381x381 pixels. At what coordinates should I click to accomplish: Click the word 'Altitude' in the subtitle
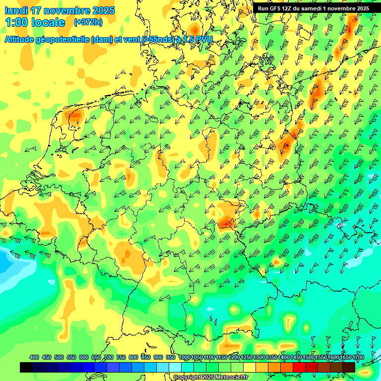(22, 40)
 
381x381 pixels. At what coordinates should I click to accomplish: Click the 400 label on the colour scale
(34, 358)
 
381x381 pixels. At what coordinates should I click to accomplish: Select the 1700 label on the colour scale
(344, 358)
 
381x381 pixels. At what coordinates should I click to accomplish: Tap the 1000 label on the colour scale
(184, 358)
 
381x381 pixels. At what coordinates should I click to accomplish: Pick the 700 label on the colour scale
(109, 358)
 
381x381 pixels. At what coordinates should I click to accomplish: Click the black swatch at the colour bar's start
(26, 367)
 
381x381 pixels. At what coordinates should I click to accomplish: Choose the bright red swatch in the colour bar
(299, 367)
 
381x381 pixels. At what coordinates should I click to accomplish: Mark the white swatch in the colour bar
(175, 367)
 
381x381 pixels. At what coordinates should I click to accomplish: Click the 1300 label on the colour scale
(259, 358)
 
